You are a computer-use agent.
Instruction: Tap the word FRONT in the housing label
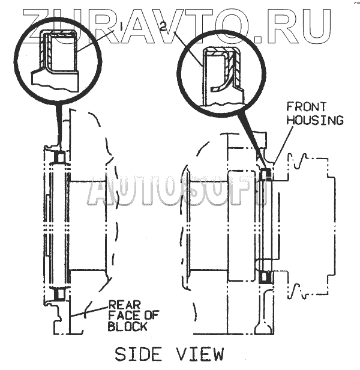[305, 108]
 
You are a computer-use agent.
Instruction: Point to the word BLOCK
[127, 327]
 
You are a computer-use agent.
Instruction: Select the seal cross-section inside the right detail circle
[223, 67]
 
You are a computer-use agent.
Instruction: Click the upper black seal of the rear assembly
[59, 157]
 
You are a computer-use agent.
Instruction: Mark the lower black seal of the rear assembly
[59, 295]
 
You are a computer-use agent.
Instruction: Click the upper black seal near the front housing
[266, 175]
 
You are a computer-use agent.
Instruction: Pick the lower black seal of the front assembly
[266, 277]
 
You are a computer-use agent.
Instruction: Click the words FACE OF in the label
[127, 316]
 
